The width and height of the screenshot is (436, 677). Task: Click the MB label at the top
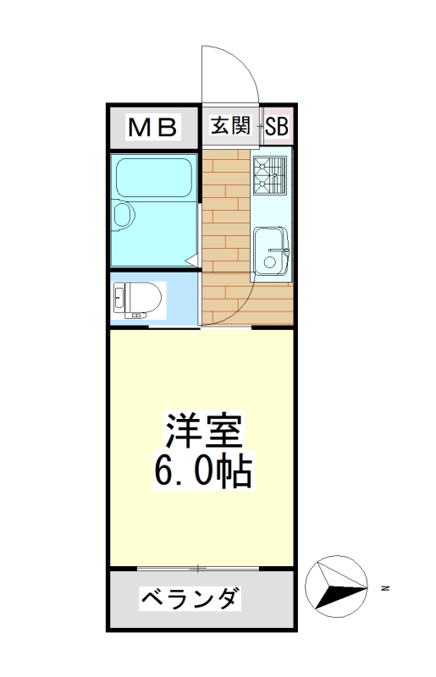click(153, 128)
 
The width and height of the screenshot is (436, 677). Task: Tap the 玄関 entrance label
click(230, 127)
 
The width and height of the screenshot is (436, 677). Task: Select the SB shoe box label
click(276, 127)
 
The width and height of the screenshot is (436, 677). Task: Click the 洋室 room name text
click(203, 432)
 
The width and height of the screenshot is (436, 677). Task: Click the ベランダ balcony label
click(190, 600)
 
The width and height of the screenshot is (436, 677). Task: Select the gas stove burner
click(271, 175)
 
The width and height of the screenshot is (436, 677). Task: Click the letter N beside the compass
click(384, 586)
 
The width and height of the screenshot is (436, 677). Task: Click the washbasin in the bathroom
click(122, 215)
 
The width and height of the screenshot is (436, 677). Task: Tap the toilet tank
click(119, 298)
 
